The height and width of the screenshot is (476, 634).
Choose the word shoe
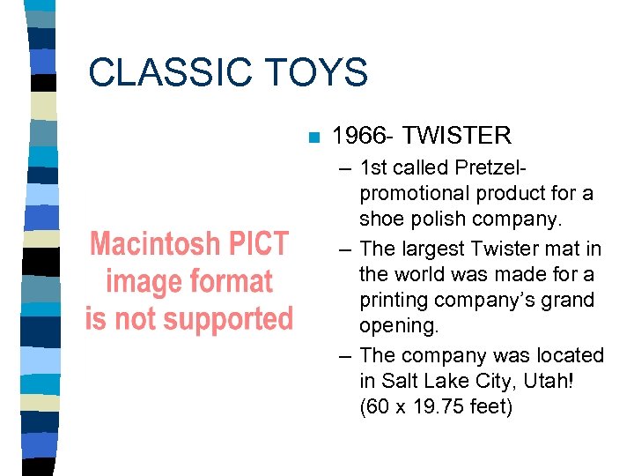click(381, 219)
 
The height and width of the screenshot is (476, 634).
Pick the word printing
click(394, 301)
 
